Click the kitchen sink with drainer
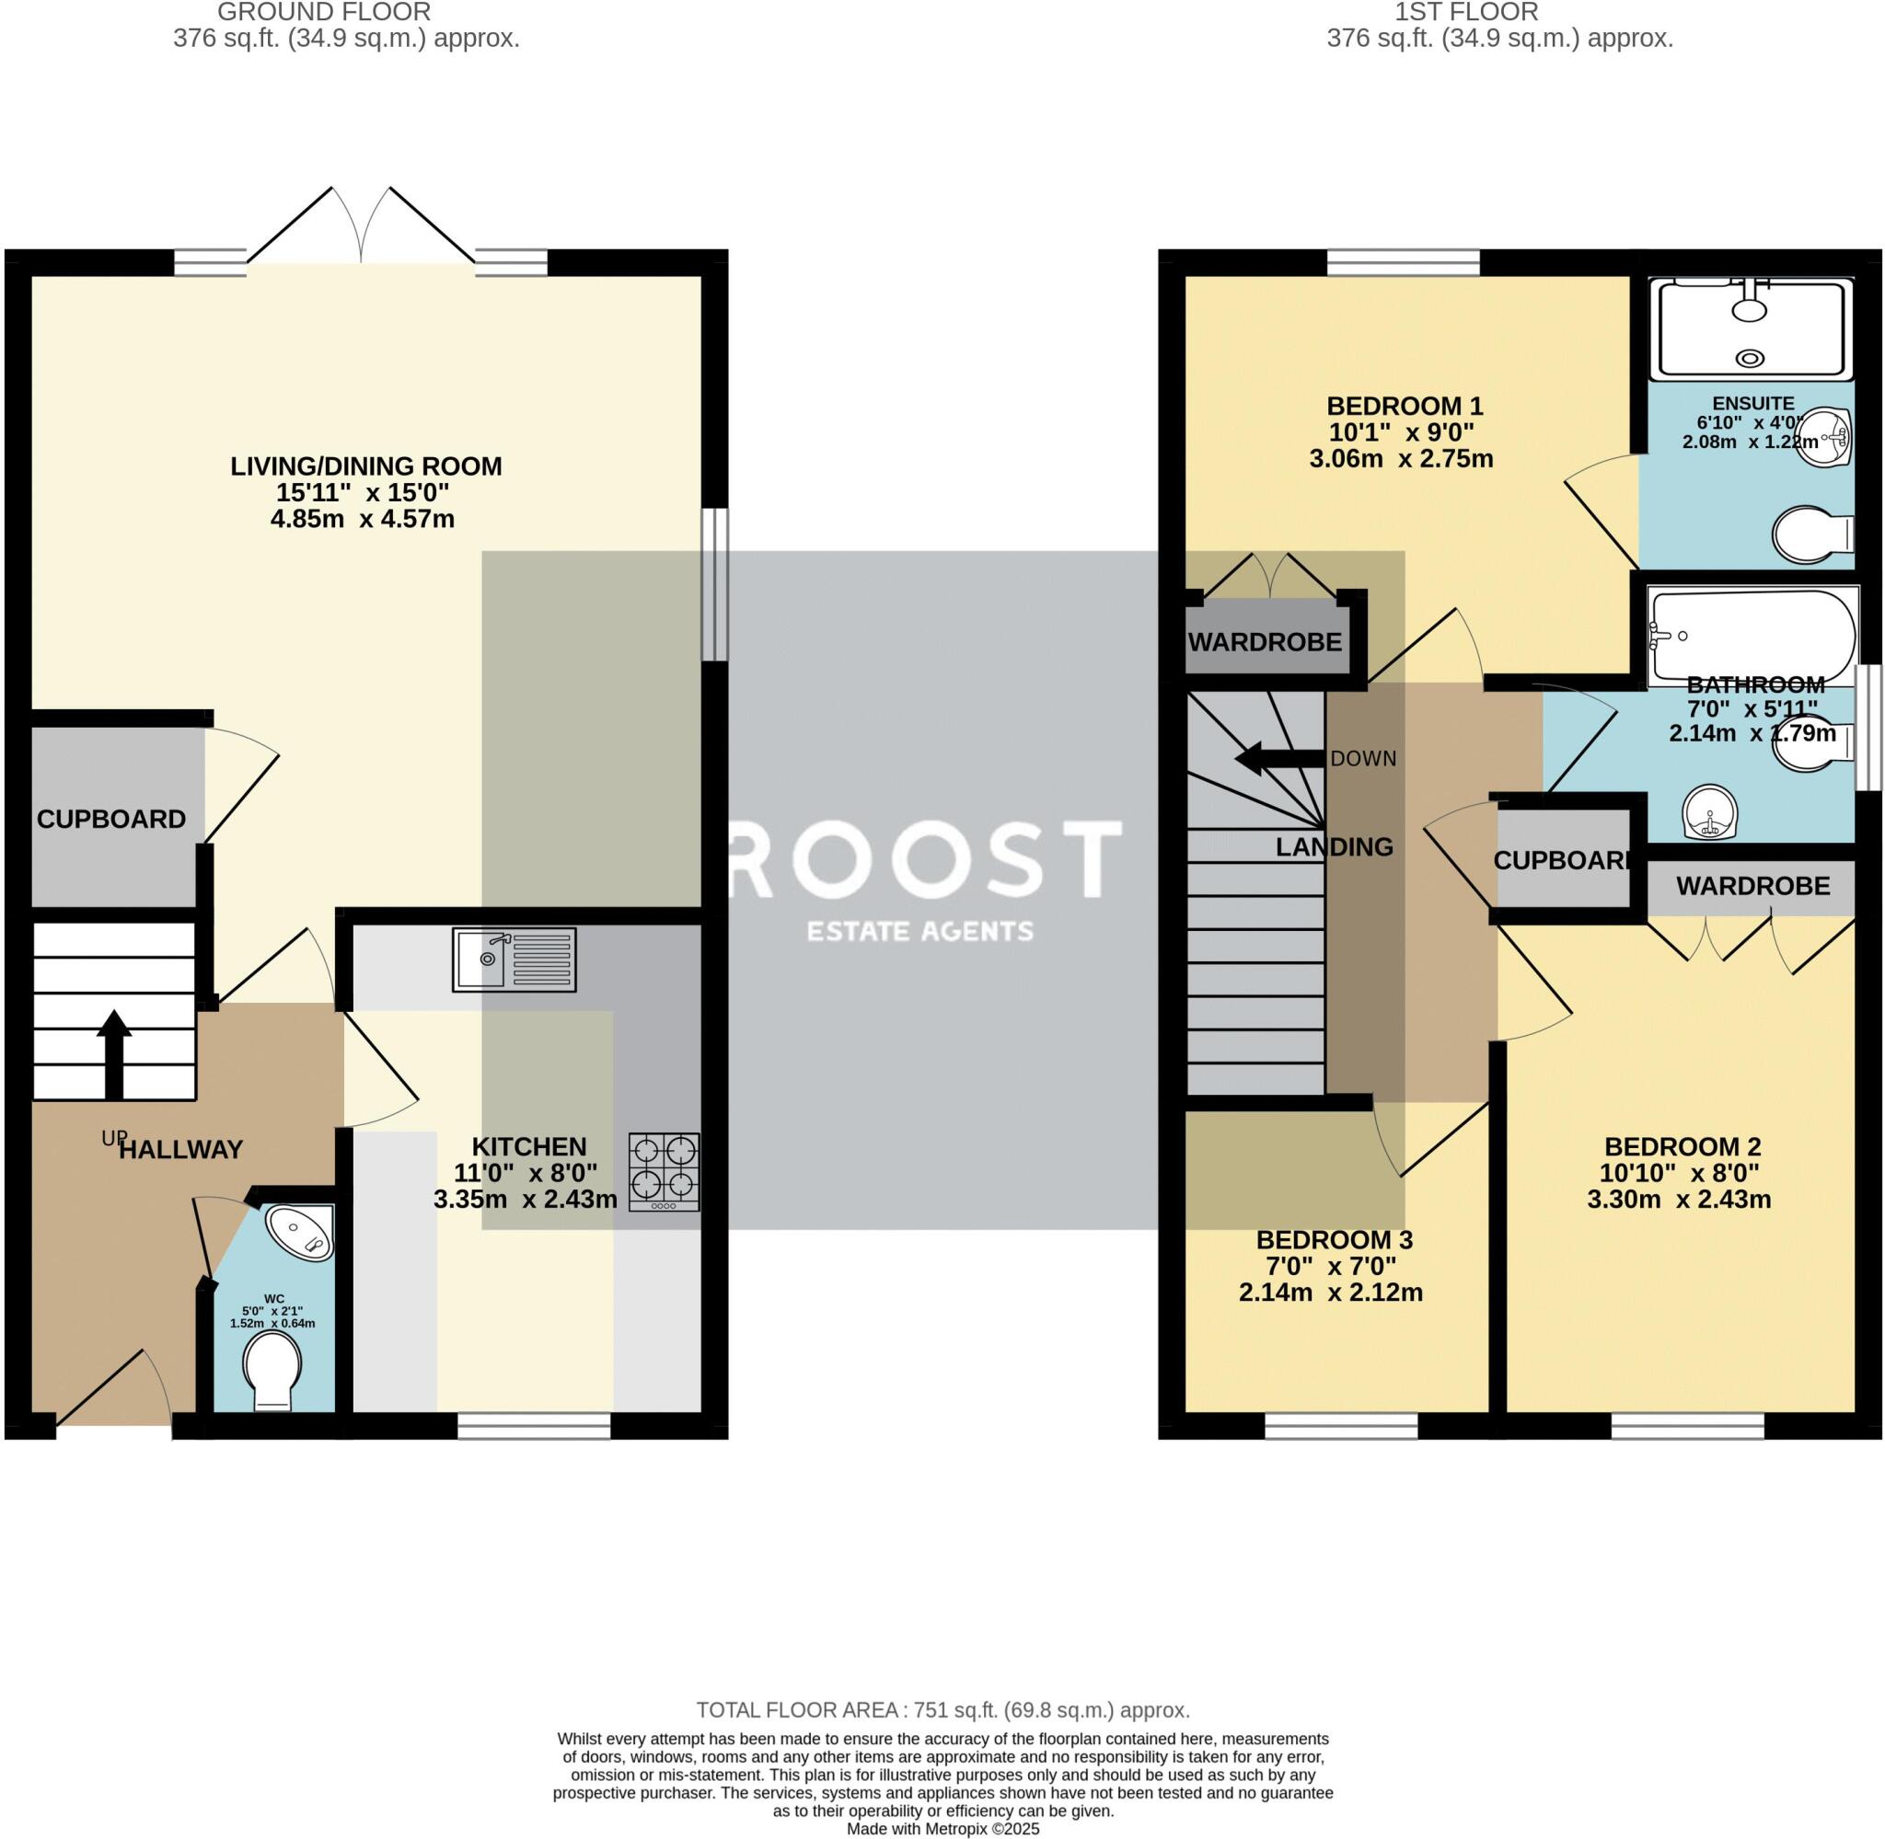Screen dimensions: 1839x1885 point(514,960)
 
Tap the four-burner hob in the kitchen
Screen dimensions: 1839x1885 point(664,1172)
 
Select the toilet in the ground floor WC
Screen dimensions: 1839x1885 point(272,1369)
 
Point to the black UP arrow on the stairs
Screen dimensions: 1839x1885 point(114,1052)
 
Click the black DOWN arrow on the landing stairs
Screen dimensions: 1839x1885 point(1278,758)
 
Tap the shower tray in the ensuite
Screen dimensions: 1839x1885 point(1750,329)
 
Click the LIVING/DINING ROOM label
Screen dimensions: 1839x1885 point(365,466)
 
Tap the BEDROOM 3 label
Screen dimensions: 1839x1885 point(1334,1239)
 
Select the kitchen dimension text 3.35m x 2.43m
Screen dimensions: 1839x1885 point(525,1200)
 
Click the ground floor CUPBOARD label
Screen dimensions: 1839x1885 point(111,819)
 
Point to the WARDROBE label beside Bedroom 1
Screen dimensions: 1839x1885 point(1264,642)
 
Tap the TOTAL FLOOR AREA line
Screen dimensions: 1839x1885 point(942,1710)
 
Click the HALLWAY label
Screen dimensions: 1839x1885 point(180,1149)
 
